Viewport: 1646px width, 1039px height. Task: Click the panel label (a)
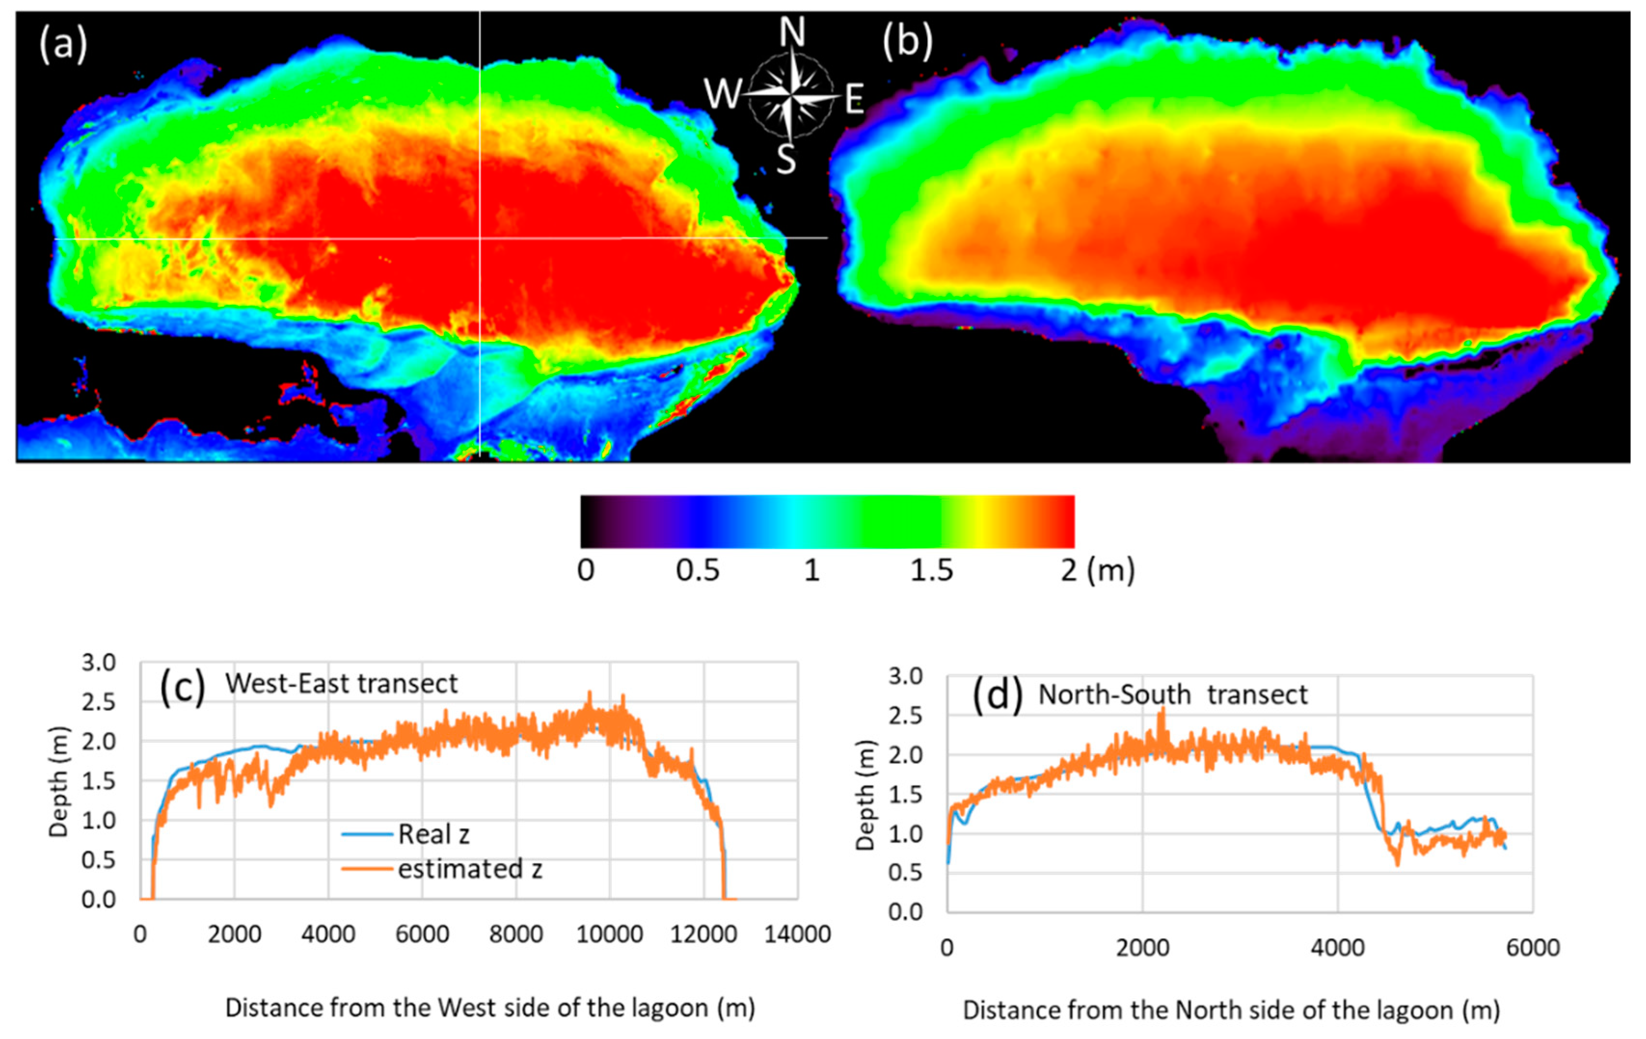tap(63, 46)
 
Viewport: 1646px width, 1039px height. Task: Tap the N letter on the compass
tap(792, 32)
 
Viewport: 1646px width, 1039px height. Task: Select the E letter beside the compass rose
tap(854, 100)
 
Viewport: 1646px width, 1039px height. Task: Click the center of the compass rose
tap(790, 96)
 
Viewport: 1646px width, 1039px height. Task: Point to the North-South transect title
tap(1172, 695)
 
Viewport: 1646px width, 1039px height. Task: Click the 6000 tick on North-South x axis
tap(1533, 948)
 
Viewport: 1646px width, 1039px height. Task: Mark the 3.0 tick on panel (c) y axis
tap(98, 663)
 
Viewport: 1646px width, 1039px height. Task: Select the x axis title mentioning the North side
tap(1231, 1010)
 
